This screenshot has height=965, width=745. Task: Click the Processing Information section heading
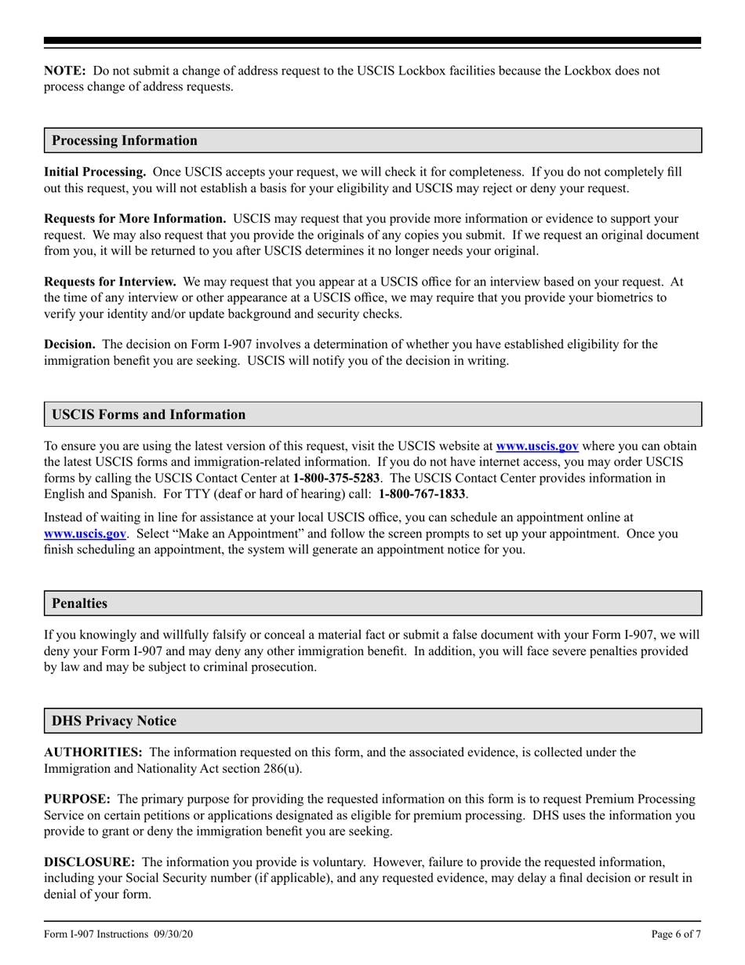click(x=125, y=140)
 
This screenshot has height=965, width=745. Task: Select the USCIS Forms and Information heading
click(x=148, y=414)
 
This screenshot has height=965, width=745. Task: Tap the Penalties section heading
click(x=79, y=603)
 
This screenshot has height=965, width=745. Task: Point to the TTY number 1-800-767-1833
click(x=422, y=494)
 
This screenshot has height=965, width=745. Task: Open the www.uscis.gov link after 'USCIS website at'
click(x=537, y=446)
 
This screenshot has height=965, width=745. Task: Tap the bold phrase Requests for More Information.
click(x=135, y=218)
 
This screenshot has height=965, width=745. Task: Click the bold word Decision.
click(x=70, y=344)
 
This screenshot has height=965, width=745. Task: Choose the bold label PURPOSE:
click(x=76, y=799)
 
